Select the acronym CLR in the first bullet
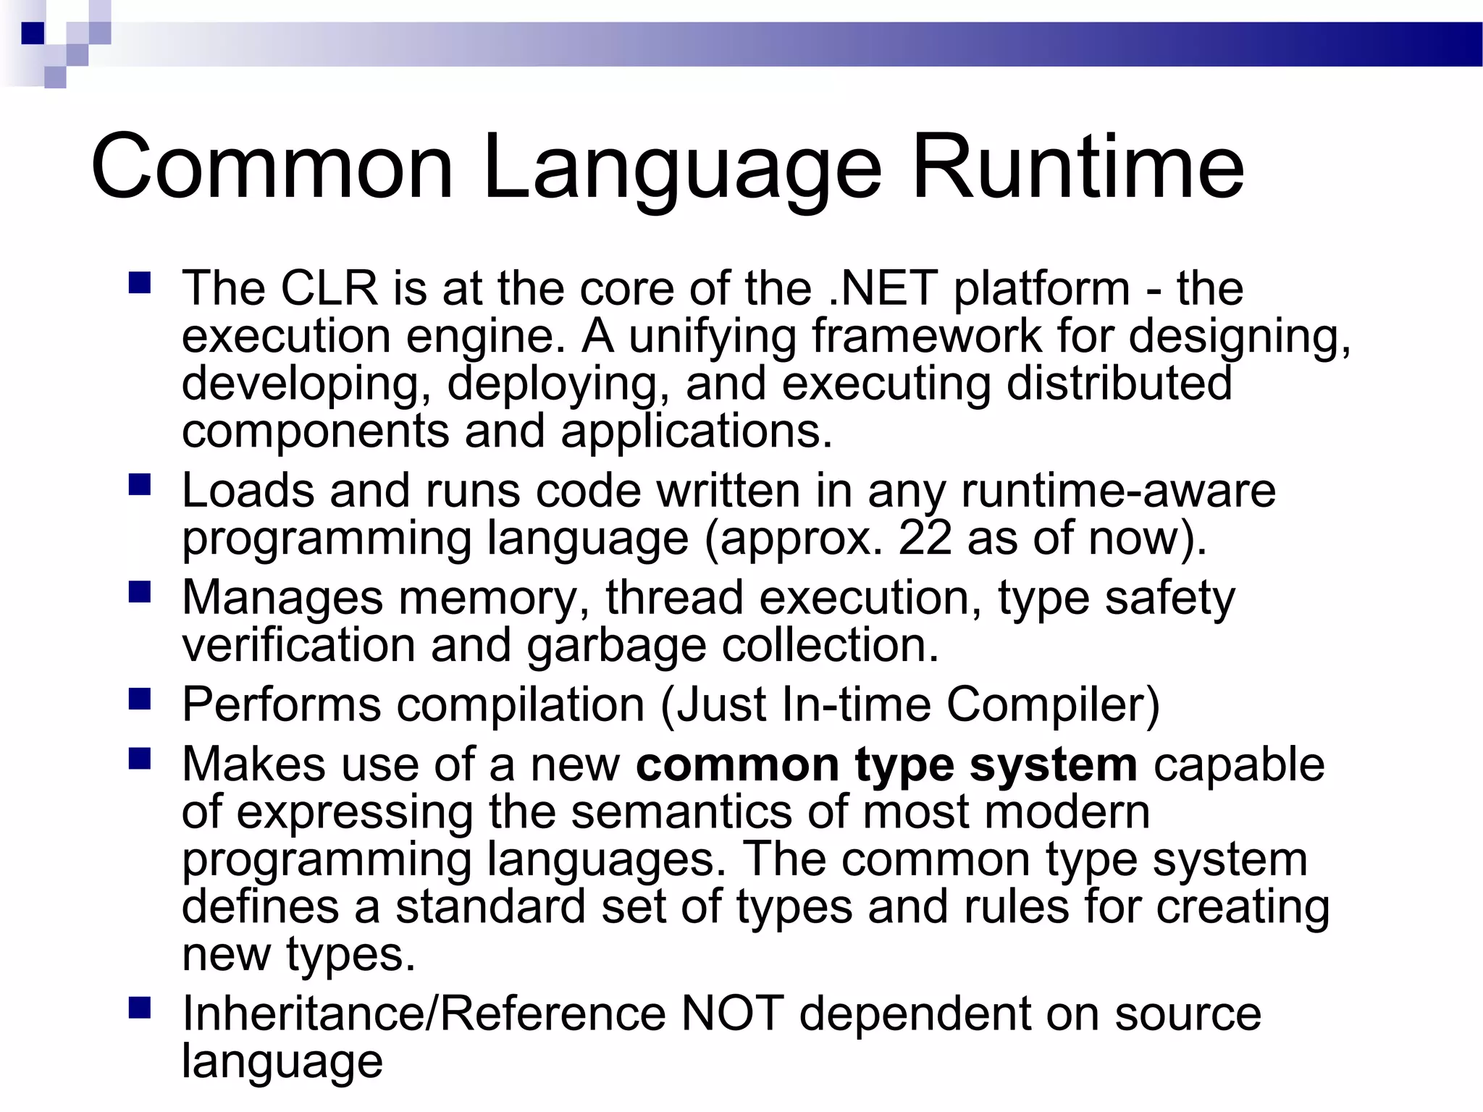329,288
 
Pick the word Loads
248,490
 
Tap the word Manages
282,598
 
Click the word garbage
616,646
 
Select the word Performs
281,704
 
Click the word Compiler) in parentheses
1053,704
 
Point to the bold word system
1053,765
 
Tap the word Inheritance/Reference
424,1014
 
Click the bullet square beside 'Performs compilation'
139,699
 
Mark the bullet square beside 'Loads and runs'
139,484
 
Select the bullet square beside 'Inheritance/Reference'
139,1008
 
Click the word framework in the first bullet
926,336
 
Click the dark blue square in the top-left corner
33,33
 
